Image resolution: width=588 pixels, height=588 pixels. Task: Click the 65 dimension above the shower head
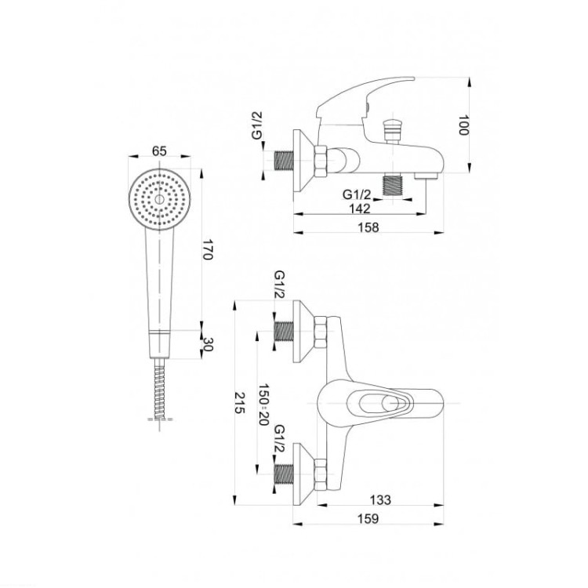tap(159, 151)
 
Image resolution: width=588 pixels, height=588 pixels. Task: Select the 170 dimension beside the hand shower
tap(208, 249)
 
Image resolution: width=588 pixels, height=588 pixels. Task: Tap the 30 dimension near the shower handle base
tap(208, 344)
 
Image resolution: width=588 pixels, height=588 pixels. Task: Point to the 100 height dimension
tap(463, 125)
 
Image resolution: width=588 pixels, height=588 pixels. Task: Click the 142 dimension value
tap(360, 209)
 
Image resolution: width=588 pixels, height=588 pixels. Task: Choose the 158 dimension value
tap(368, 227)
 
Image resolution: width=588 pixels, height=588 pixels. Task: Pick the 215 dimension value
tap(240, 403)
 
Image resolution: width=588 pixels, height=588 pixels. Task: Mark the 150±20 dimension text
tap(263, 405)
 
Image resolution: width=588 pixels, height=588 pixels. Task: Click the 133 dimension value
tap(380, 499)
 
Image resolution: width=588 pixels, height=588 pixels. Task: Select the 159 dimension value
tap(368, 519)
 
